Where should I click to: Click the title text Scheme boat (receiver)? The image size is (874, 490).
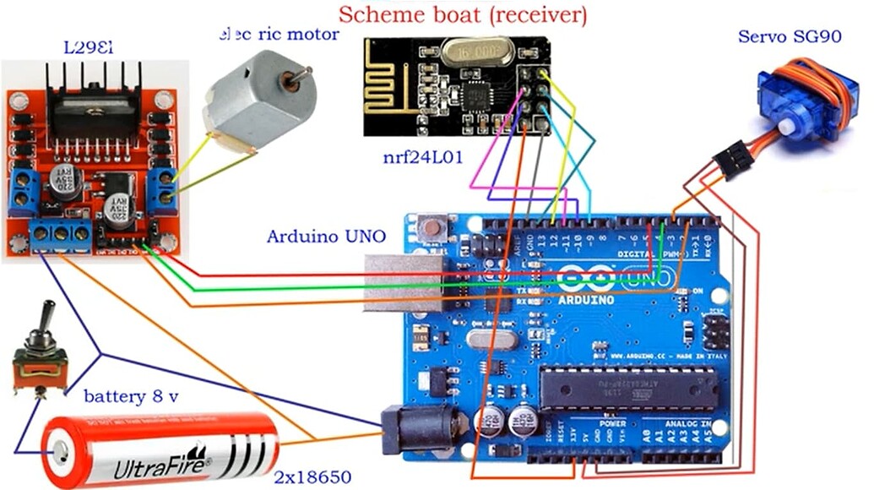point(462,14)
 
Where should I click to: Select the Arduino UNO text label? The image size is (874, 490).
point(327,236)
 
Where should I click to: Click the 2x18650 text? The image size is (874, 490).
point(312,477)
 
